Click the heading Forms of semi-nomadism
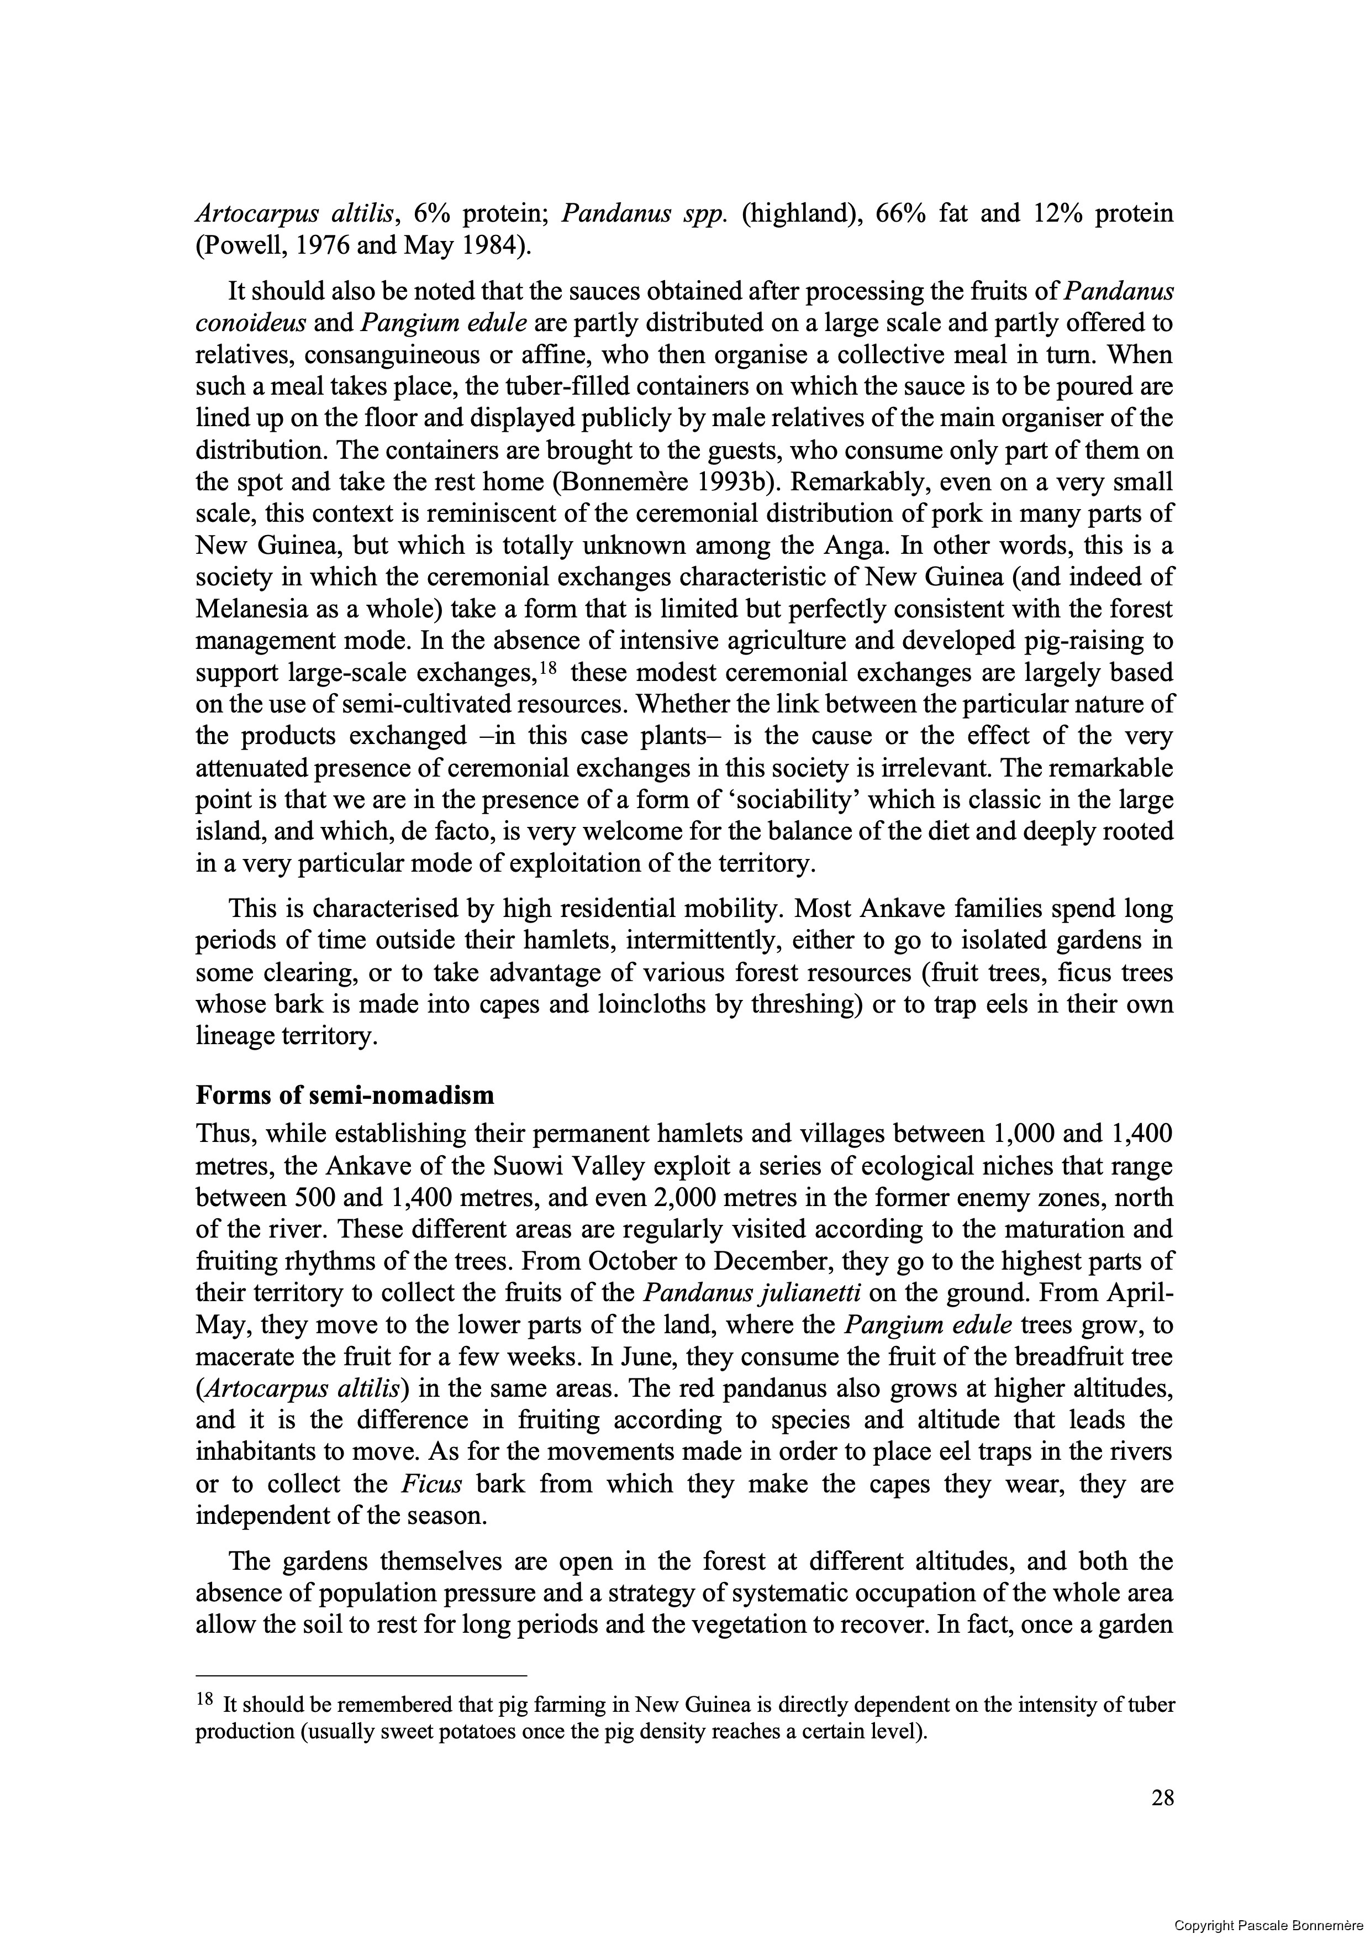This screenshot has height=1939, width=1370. pyautogui.click(x=344, y=1096)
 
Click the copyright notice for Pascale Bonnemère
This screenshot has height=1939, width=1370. pyautogui.click(x=1271, y=1925)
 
